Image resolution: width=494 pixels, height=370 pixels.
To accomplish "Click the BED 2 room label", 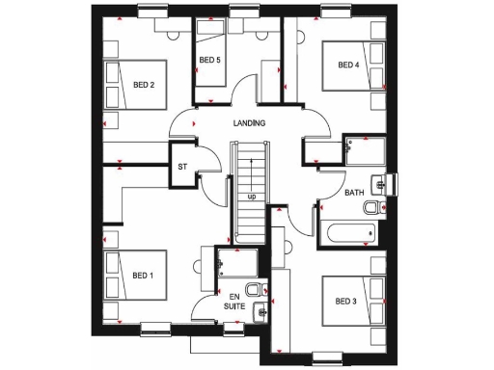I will (145, 85).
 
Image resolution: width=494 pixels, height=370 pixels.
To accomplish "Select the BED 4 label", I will (348, 65).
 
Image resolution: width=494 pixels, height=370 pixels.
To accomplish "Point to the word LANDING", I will (249, 123).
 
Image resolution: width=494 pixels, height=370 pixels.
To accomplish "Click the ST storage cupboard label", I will (181, 166).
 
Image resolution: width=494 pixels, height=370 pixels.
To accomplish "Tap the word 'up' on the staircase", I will (251, 197).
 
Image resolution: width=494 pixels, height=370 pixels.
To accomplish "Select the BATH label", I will (355, 193).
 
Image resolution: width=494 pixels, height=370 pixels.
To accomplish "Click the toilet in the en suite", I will (253, 289).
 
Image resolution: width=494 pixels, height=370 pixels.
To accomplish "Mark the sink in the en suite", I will (259, 310).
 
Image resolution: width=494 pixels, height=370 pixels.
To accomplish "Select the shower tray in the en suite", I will (234, 263).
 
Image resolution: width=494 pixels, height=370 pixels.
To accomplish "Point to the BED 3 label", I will (346, 302).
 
